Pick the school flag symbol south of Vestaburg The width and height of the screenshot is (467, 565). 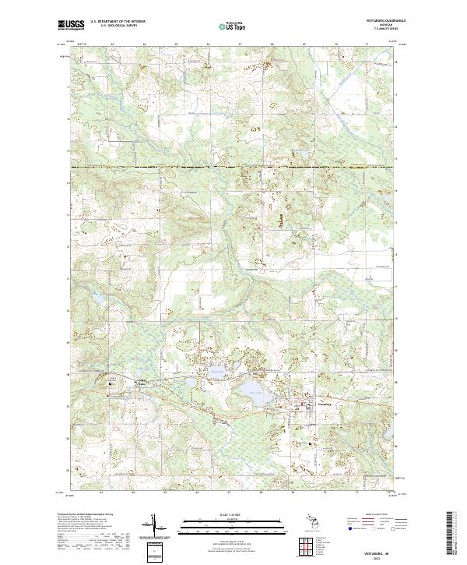(311, 443)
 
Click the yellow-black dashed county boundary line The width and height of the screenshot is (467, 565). (233, 167)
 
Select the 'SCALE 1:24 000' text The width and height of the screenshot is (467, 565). (233, 514)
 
